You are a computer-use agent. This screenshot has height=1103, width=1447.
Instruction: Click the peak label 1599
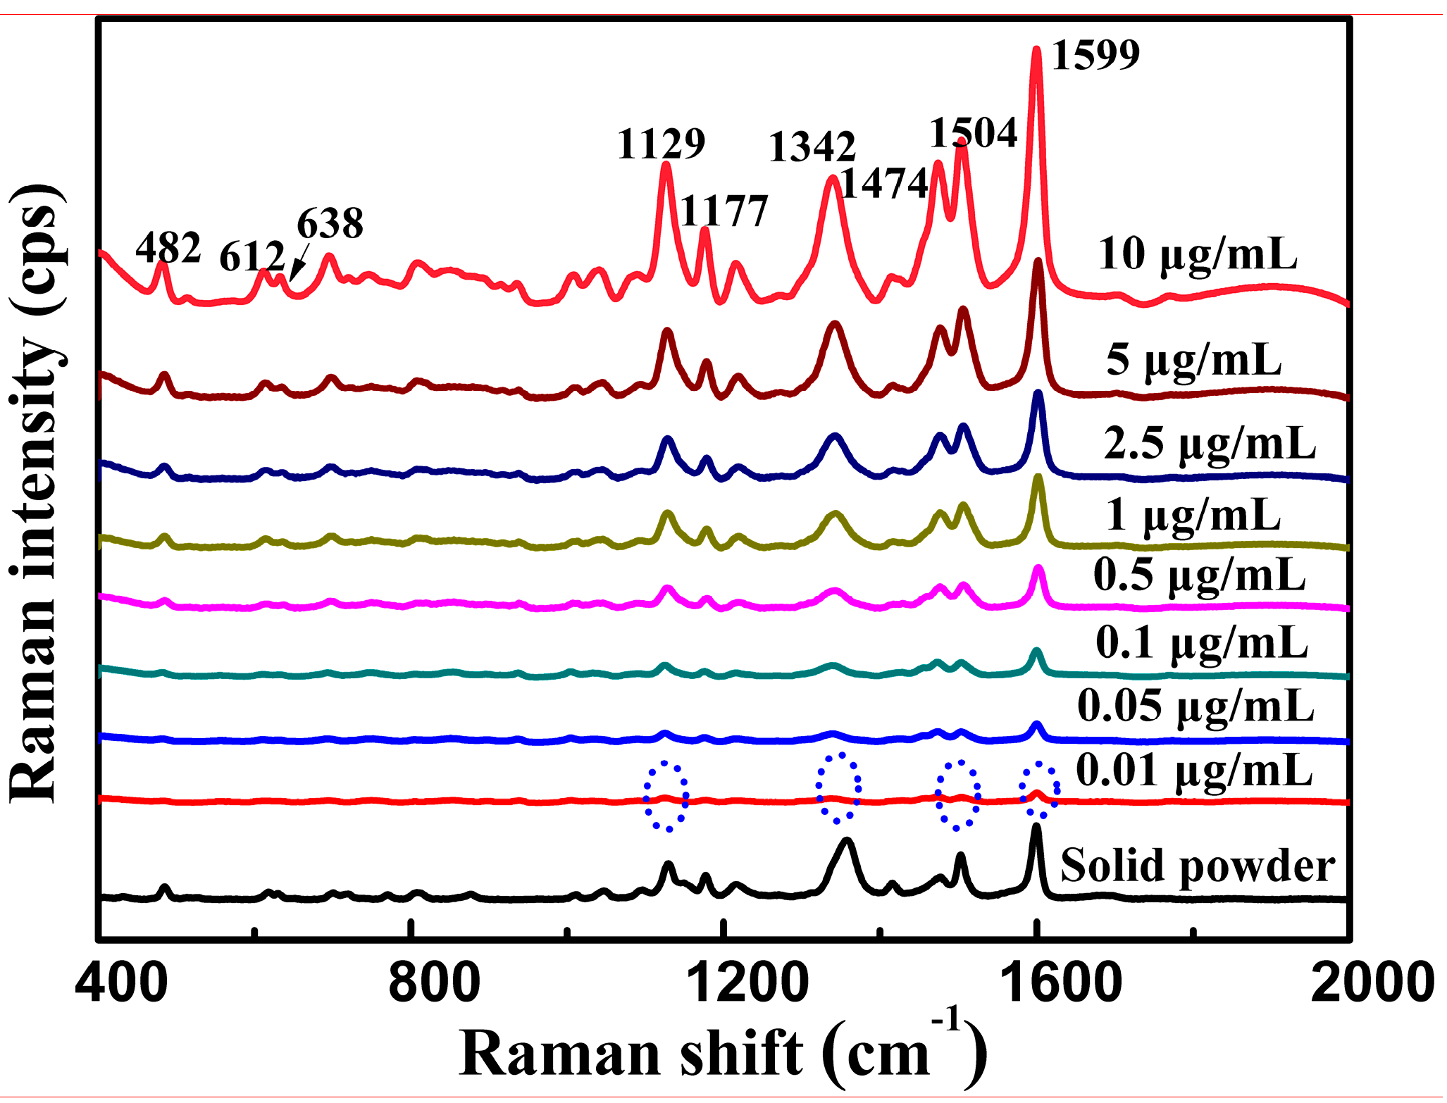click(1095, 56)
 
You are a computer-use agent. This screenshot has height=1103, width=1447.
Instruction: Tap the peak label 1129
click(661, 144)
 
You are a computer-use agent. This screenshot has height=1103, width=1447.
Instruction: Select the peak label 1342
click(812, 147)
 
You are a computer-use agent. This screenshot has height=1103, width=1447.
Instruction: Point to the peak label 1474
click(884, 185)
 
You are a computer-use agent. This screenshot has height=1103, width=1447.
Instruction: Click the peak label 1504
click(974, 133)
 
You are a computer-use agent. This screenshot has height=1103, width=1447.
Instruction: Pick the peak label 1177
click(724, 211)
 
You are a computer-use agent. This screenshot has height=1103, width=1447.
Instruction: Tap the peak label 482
click(168, 248)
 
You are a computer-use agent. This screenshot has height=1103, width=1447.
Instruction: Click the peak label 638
click(330, 224)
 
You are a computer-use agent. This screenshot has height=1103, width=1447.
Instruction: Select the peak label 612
click(252, 257)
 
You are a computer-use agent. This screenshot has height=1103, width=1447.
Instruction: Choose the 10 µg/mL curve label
click(1198, 254)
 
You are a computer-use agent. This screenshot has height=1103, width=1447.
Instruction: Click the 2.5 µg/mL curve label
click(1210, 444)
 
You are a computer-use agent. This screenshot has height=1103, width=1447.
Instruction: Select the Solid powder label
click(1198, 866)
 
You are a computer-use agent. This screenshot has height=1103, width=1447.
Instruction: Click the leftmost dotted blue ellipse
click(666, 797)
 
